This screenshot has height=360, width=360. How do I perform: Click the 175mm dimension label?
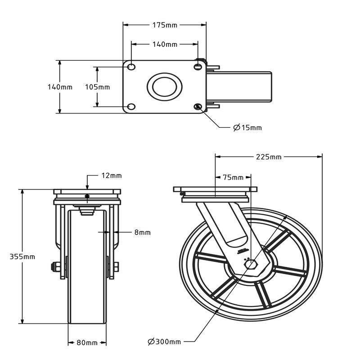click(x=165, y=25)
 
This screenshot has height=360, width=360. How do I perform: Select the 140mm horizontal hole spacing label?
click(x=165, y=44)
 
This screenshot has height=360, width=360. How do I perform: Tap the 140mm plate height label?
click(x=60, y=87)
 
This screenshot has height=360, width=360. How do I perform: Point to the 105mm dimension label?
click(x=97, y=87)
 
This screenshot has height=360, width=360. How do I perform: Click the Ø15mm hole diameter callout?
click(x=247, y=128)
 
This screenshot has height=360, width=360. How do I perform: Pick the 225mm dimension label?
click(x=269, y=157)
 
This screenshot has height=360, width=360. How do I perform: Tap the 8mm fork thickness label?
click(x=142, y=232)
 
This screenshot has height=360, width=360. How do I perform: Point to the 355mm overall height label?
click(x=22, y=256)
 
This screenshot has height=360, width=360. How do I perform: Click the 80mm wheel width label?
click(x=87, y=342)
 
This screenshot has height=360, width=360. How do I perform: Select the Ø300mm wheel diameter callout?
click(x=164, y=342)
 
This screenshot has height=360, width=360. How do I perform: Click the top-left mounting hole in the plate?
click(x=131, y=67)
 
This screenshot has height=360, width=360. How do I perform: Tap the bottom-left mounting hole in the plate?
click(x=131, y=107)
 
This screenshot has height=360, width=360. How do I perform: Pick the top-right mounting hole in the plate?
click(x=198, y=67)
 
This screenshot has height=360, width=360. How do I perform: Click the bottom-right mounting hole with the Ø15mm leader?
click(x=198, y=107)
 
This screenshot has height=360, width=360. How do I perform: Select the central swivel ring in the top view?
click(x=164, y=86)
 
